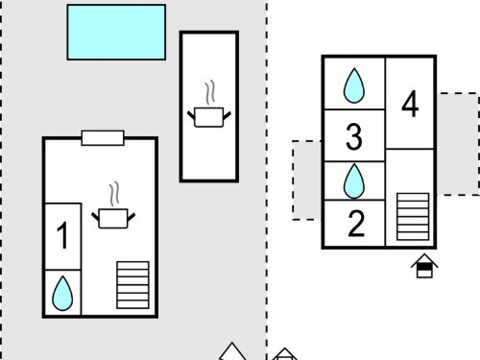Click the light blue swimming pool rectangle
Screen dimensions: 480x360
point(116,33)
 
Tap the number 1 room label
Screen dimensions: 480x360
point(62,236)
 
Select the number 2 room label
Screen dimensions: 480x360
point(356,224)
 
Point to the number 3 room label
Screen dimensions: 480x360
point(354,136)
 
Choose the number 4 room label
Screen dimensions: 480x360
point(410,104)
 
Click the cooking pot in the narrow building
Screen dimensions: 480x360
point(209,117)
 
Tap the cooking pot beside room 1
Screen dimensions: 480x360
point(113,219)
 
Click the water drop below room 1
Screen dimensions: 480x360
point(62,294)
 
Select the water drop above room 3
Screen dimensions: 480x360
point(354,85)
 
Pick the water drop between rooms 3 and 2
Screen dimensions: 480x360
point(354,181)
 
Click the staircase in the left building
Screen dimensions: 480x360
point(132,285)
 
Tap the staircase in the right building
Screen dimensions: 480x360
point(413,217)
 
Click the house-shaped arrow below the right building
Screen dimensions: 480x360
point(424,266)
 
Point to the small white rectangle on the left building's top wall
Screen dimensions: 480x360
point(103,138)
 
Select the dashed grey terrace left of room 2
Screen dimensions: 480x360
point(307,180)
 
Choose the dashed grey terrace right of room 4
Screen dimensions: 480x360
point(458,144)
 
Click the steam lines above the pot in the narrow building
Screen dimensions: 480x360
point(210,92)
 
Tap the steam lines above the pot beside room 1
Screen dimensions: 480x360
point(114,194)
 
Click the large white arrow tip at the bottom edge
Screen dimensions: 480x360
point(232,351)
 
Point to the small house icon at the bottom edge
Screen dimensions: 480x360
point(284,354)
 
